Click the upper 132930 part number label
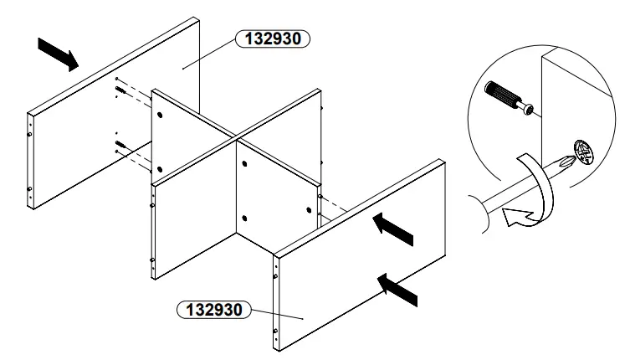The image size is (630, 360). (274, 39)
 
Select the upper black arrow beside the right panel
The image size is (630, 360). (393, 228)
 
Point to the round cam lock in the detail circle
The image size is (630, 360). (584, 155)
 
